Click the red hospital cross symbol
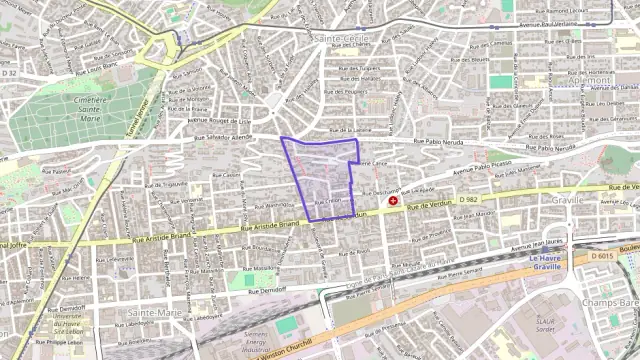point(394,201)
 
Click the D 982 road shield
point(468,199)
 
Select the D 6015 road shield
point(602,257)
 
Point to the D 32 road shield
point(9,73)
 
